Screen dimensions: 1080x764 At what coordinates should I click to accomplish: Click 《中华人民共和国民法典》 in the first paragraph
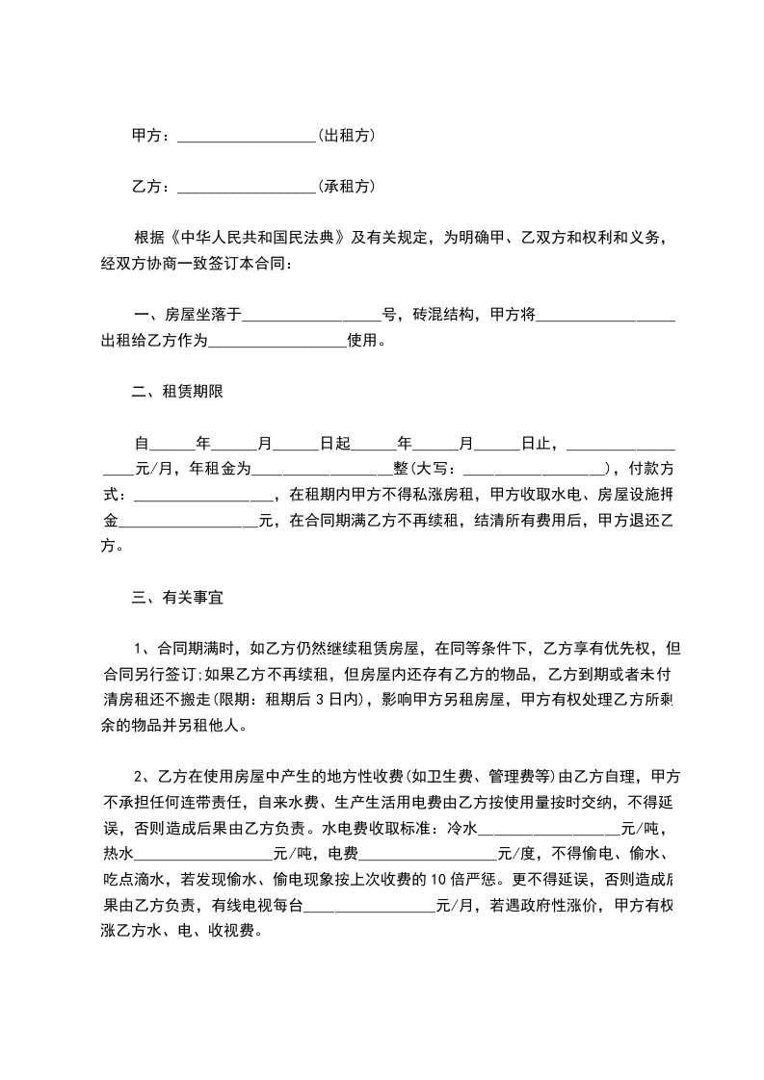click(258, 237)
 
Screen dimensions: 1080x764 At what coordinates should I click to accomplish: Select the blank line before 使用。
click(277, 341)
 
